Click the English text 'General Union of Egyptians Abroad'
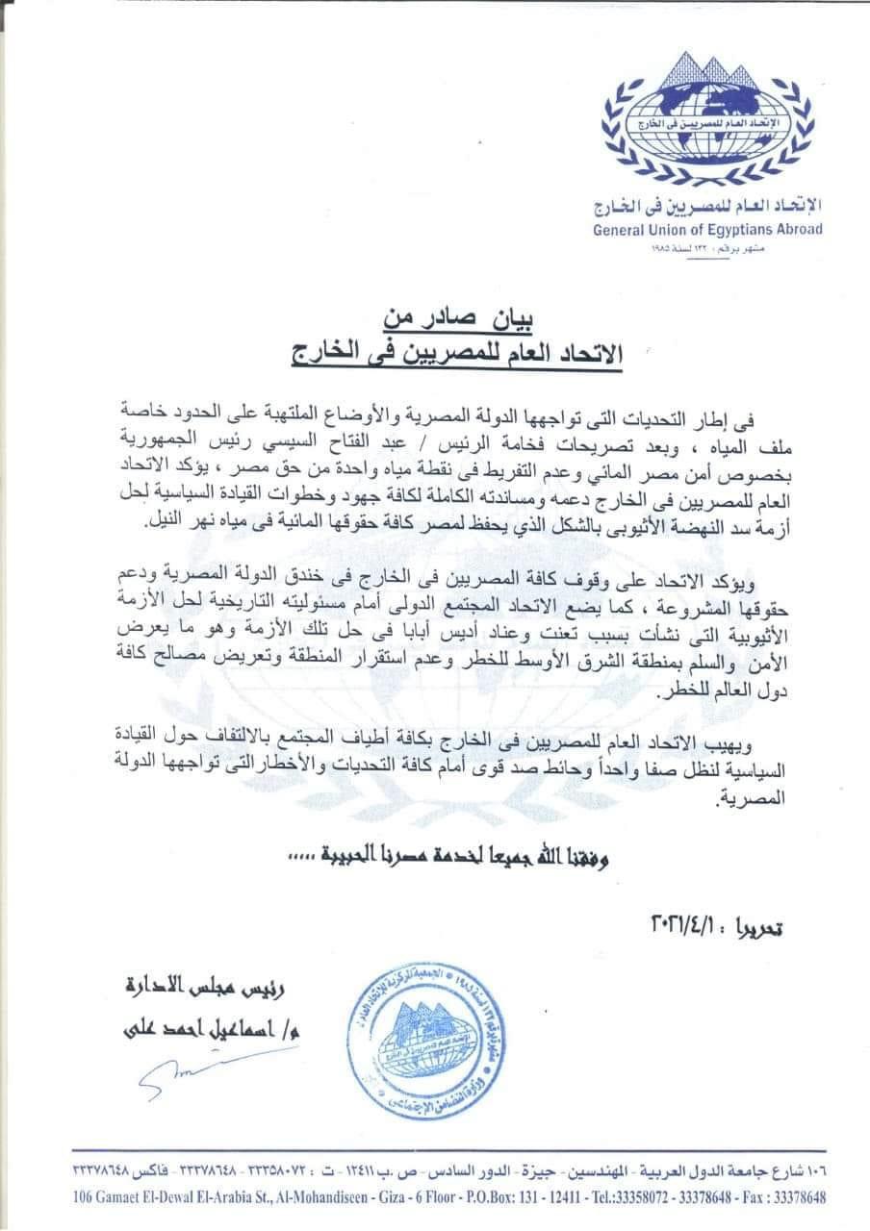[723, 230]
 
